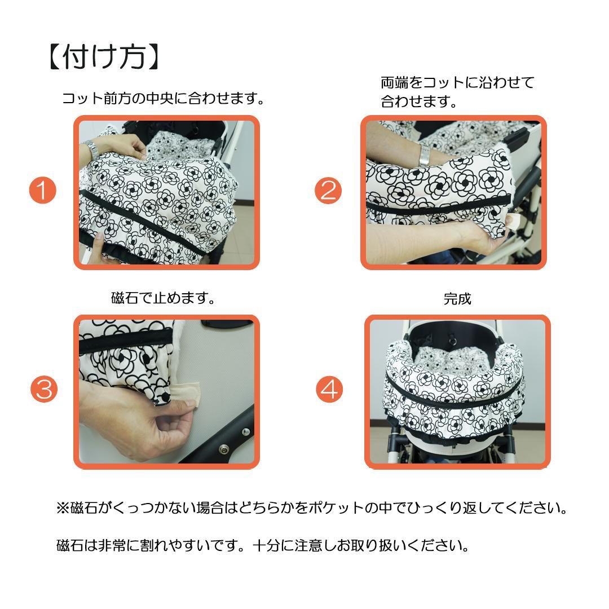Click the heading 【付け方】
point(105,57)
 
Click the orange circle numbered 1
point(43,191)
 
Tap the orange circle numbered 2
point(328,191)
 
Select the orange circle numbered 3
point(43,390)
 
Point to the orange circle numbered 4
point(329,390)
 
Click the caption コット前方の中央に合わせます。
point(163,99)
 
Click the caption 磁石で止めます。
point(164,298)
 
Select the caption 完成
point(457,299)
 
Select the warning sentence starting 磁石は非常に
point(263,546)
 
